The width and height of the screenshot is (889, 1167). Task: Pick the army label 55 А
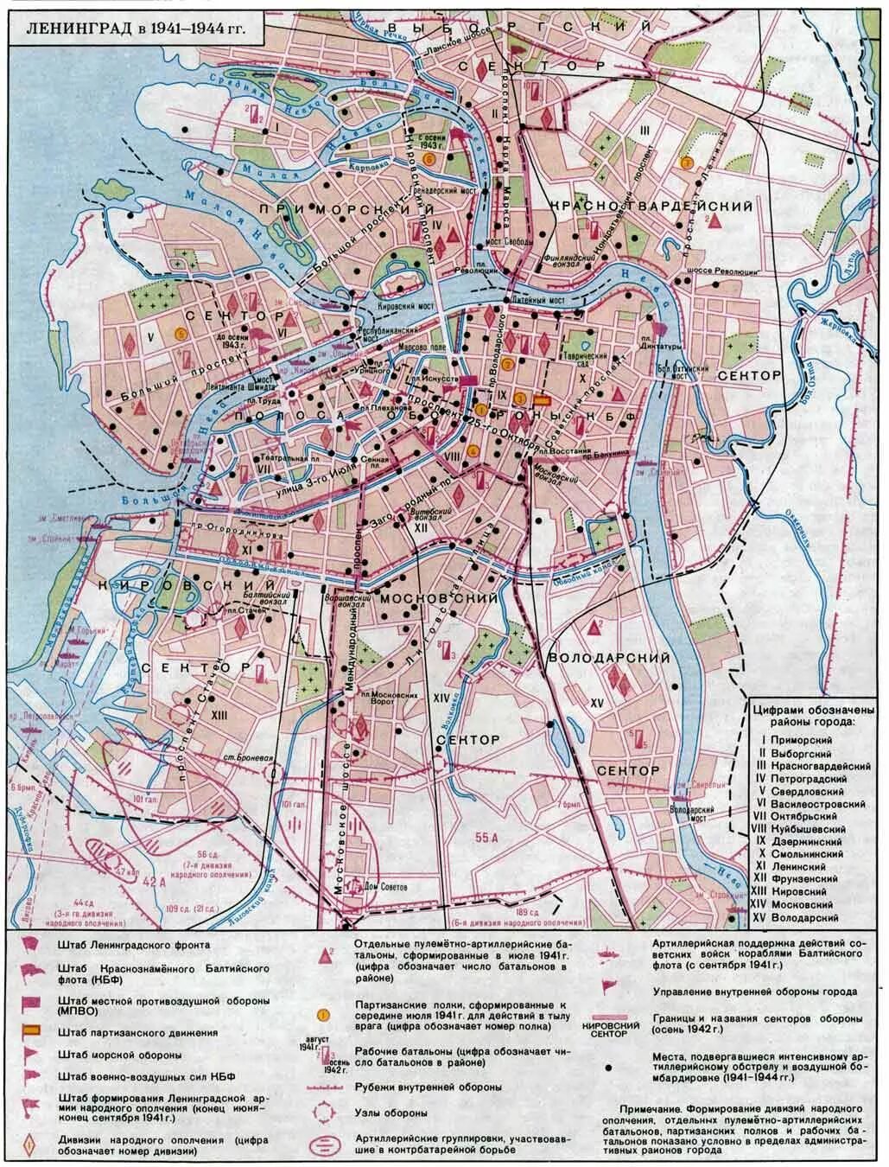[487, 836]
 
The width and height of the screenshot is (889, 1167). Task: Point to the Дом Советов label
[384, 884]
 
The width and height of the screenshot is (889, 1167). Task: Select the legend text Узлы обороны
[391, 1113]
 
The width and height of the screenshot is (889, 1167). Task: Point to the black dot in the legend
[610, 1067]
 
